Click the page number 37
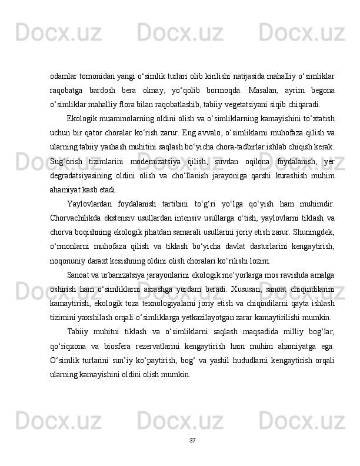[192, 440]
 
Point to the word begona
[322, 90]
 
